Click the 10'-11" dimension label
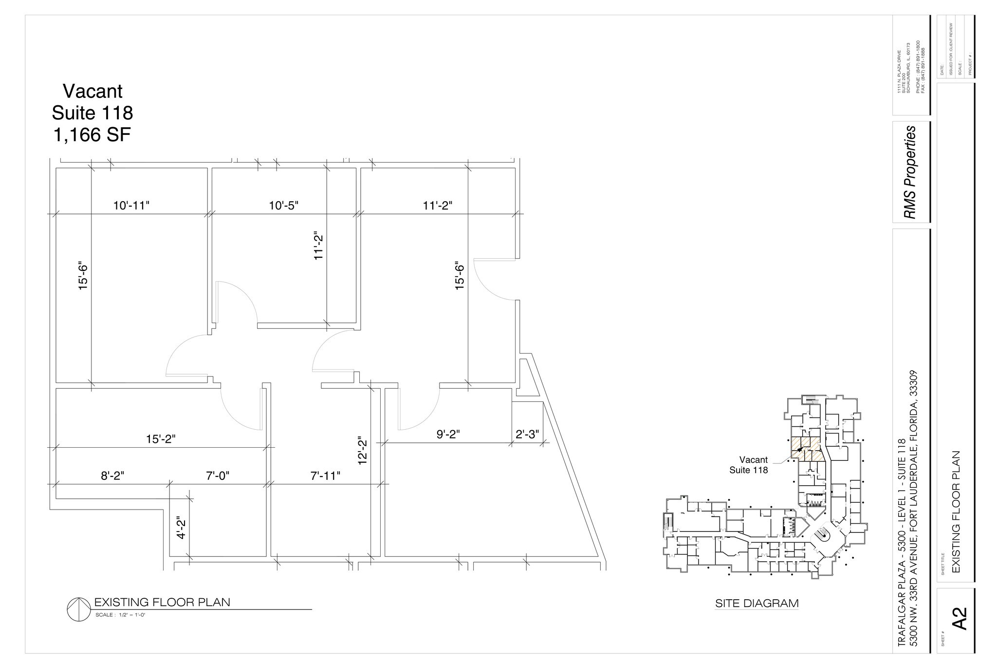(131, 206)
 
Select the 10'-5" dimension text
(283, 206)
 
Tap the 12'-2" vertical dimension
(362, 450)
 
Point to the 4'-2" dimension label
(182, 528)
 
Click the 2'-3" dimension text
(527, 434)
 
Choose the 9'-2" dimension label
(448, 434)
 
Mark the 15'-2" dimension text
(161, 439)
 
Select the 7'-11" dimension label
(325, 476)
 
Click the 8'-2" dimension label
(112, 476)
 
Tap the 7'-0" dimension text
(217, 476)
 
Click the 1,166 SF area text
(92, 135)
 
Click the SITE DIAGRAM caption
(757, 604)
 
